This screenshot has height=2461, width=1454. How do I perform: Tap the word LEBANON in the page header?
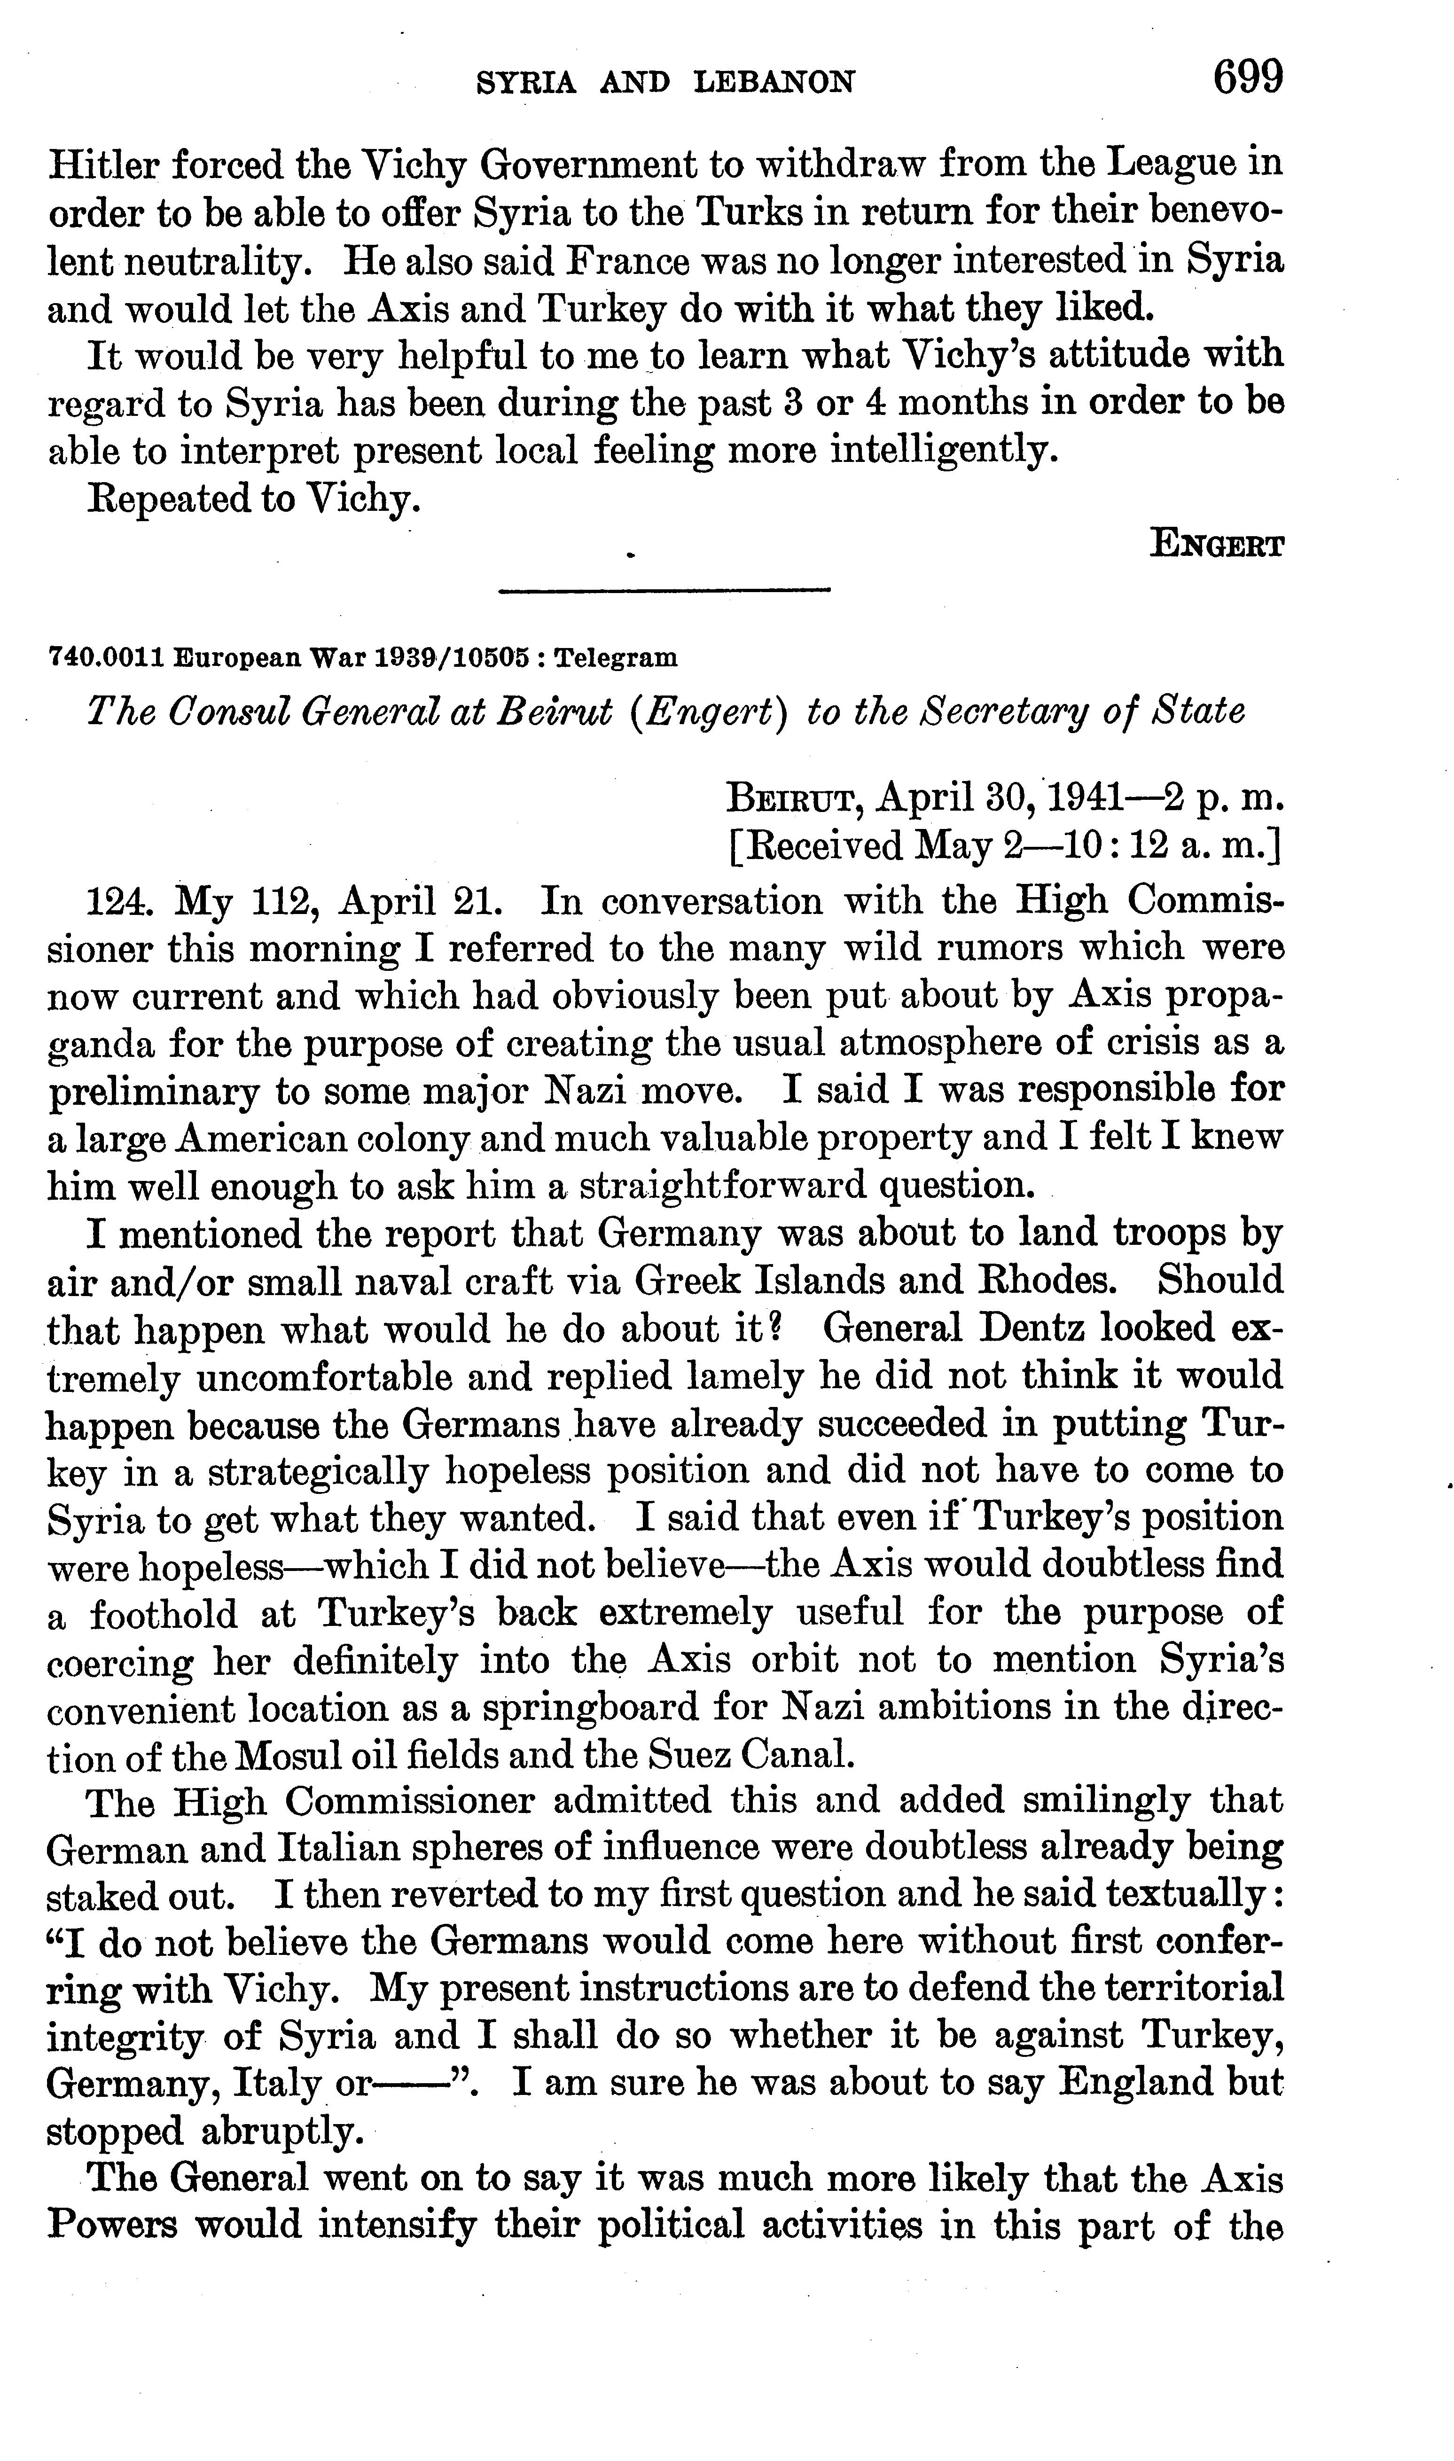tap(774, 82)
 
